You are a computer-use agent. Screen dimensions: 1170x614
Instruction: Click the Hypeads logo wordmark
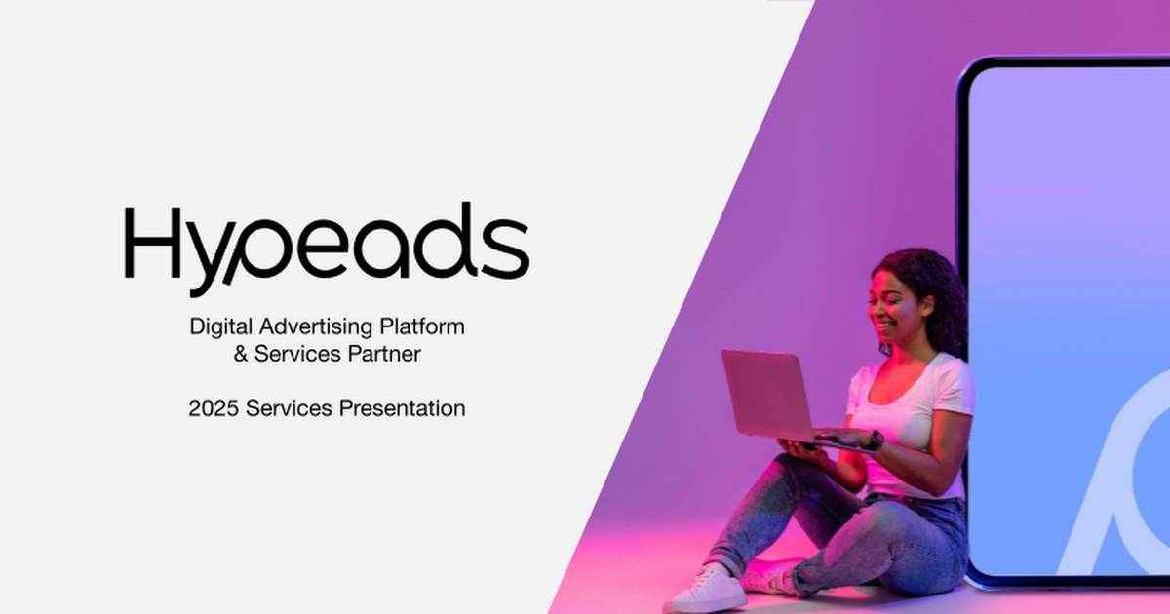coord(327,249)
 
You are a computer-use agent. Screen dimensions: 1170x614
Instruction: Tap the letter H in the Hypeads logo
coord(152,243)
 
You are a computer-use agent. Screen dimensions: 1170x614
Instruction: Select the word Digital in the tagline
coord(221,327)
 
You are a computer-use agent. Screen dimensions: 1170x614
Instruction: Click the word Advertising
coord(316,327)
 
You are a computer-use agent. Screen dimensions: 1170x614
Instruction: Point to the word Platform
coord(422,326)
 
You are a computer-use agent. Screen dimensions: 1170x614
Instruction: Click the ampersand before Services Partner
coord(240,354)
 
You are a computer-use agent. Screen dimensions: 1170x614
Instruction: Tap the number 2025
coord(214,408)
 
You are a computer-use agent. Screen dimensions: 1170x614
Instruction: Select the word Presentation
coord(402,408)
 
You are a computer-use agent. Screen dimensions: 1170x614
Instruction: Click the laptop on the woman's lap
coord(773,398)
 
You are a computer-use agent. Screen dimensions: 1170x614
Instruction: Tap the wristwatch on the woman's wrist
coord(875,441)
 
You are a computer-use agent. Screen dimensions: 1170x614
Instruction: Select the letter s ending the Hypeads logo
coord(506,249)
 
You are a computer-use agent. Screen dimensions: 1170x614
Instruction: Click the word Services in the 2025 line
coord(289,408)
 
